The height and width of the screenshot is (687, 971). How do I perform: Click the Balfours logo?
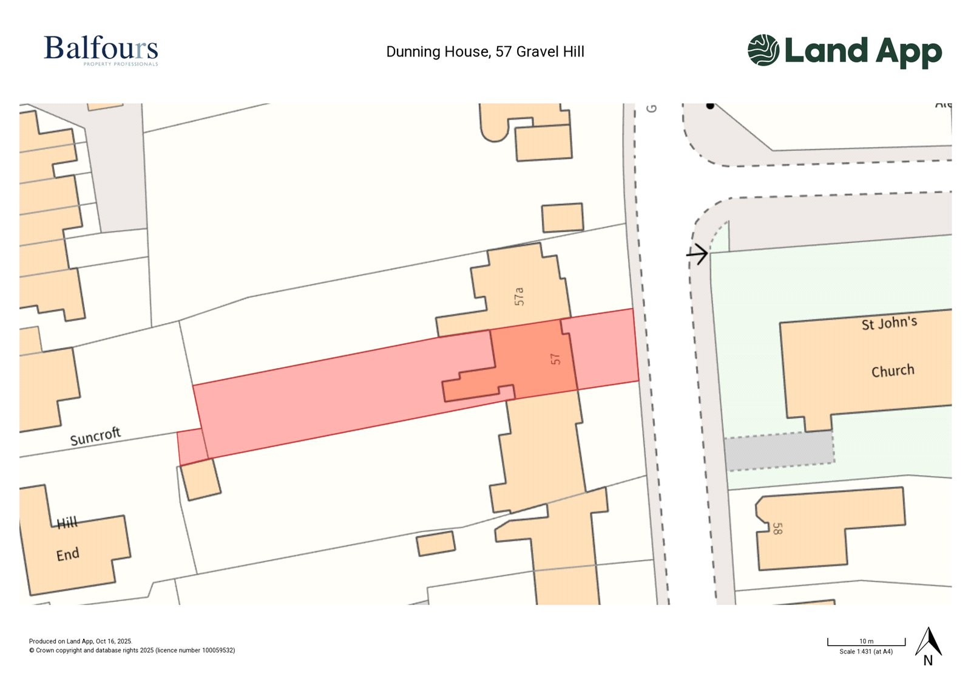pos(101,50)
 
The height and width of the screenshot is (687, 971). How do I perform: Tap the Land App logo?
pos(844,50)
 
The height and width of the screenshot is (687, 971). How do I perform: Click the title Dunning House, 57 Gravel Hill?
pos(485,52)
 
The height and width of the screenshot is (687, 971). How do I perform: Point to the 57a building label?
pos(519,296)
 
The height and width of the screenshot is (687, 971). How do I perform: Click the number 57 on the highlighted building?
pos(555,359)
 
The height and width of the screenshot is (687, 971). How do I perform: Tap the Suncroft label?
pos(95,436)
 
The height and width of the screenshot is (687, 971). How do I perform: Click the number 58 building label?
pos(777,528)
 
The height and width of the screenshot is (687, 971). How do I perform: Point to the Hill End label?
pos(67,539)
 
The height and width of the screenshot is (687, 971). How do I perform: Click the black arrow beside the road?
pos(697,253)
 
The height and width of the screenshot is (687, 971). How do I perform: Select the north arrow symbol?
pos(928,646)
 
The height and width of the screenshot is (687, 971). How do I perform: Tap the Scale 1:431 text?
pos(866,652)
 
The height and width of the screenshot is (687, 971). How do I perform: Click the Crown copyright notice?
pos(132,651)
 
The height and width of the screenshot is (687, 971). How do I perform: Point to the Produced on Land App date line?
pos(81,641)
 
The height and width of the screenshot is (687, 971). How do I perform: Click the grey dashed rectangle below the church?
pos(779,450)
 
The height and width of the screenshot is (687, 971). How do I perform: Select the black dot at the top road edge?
pos(710,106)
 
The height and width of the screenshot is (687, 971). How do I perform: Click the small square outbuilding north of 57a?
pos(563,217)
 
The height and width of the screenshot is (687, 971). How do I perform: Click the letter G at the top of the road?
pos(652,108)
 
